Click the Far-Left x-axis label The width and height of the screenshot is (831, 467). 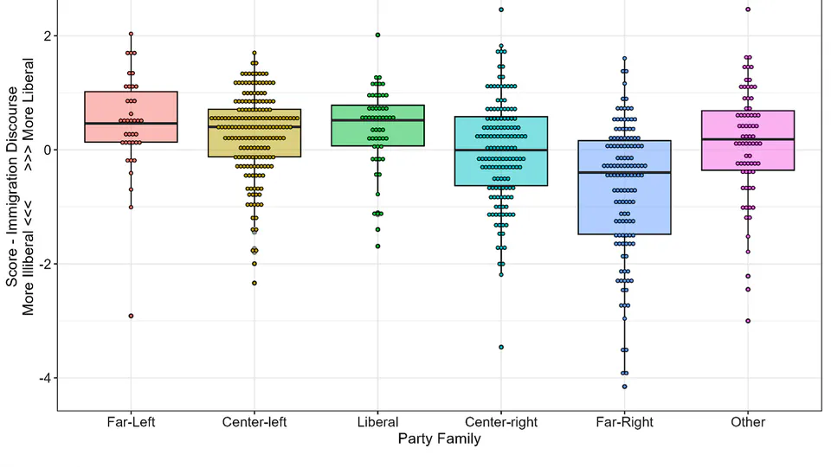(131, 423)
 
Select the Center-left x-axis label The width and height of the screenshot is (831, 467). (254, 423)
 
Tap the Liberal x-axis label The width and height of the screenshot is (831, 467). (377, 423)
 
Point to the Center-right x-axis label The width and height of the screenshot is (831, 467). (500, 423)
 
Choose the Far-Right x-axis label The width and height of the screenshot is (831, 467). (624, 423)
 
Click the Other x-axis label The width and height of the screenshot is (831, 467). (748, 423)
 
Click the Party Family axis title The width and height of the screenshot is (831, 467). (439, 439)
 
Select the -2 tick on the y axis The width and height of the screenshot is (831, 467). (42, 264)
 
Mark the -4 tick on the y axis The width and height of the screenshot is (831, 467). (42, 378)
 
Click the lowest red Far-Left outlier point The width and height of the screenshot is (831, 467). (131, 316)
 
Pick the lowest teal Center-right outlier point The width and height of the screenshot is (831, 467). (501, 347)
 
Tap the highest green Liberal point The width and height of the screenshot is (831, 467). (377, 35)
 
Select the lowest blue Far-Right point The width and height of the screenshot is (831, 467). (624, 387)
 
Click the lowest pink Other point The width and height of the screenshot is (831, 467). (748, 321)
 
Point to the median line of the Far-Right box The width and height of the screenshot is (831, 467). (624, 172)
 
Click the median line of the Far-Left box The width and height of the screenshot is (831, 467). (131, 124)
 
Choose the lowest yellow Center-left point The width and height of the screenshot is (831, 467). (254, 283)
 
